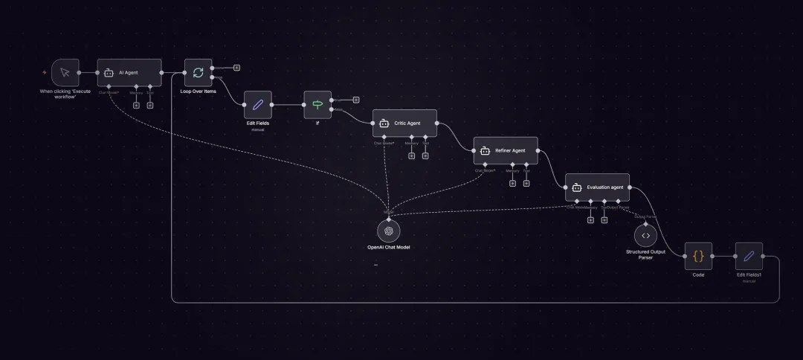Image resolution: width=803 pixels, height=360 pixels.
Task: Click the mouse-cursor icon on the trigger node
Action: pyautogui.click(x=65, y=72)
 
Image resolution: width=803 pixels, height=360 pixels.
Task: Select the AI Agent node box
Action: pyautogui.click(x=129, y=72)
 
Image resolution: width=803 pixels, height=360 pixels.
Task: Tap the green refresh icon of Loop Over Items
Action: pyautogui.click(x=198, y=72)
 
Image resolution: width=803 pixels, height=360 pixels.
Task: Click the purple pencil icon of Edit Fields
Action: pyautogui.click(x=258, y=105)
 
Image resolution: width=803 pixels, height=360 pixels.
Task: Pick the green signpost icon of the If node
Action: pyautogui.click(x=317, y=105)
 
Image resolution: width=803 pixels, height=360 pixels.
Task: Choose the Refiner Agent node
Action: pyautogui.click(x=506, y=150)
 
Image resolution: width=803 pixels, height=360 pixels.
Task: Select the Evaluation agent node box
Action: pyautogui.click(x=597, y=187)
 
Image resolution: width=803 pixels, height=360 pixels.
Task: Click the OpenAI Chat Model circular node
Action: pyautogui.click(x=389, y=231)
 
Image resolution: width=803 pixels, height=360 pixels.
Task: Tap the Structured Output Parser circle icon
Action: pyautogui.click(x=645, y=235)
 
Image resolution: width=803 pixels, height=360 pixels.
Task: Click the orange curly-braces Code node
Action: pyautogui.click(x=698, y=256)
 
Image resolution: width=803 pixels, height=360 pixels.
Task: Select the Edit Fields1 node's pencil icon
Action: pyautogui.click(x=749, y=256)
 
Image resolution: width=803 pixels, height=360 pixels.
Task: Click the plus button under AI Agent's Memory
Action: pyautogui.click(x=136, y=105)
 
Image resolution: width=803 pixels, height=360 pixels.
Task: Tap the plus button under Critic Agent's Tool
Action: pyautogui.click(x=425, y=155)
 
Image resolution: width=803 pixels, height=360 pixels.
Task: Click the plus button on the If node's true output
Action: pyautogui.click(x=356, y=99)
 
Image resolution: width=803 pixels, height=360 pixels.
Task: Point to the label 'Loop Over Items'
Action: pyautogui.click(x=198, y=91)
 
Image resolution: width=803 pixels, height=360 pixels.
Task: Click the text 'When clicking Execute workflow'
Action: pyautogui.click(x=65, y=94)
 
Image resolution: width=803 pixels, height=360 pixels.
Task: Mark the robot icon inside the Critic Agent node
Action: pyautogui.click(x=384, y=123)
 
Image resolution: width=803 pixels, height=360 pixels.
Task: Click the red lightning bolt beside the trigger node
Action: pyautogui.click(x=45, y=72)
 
